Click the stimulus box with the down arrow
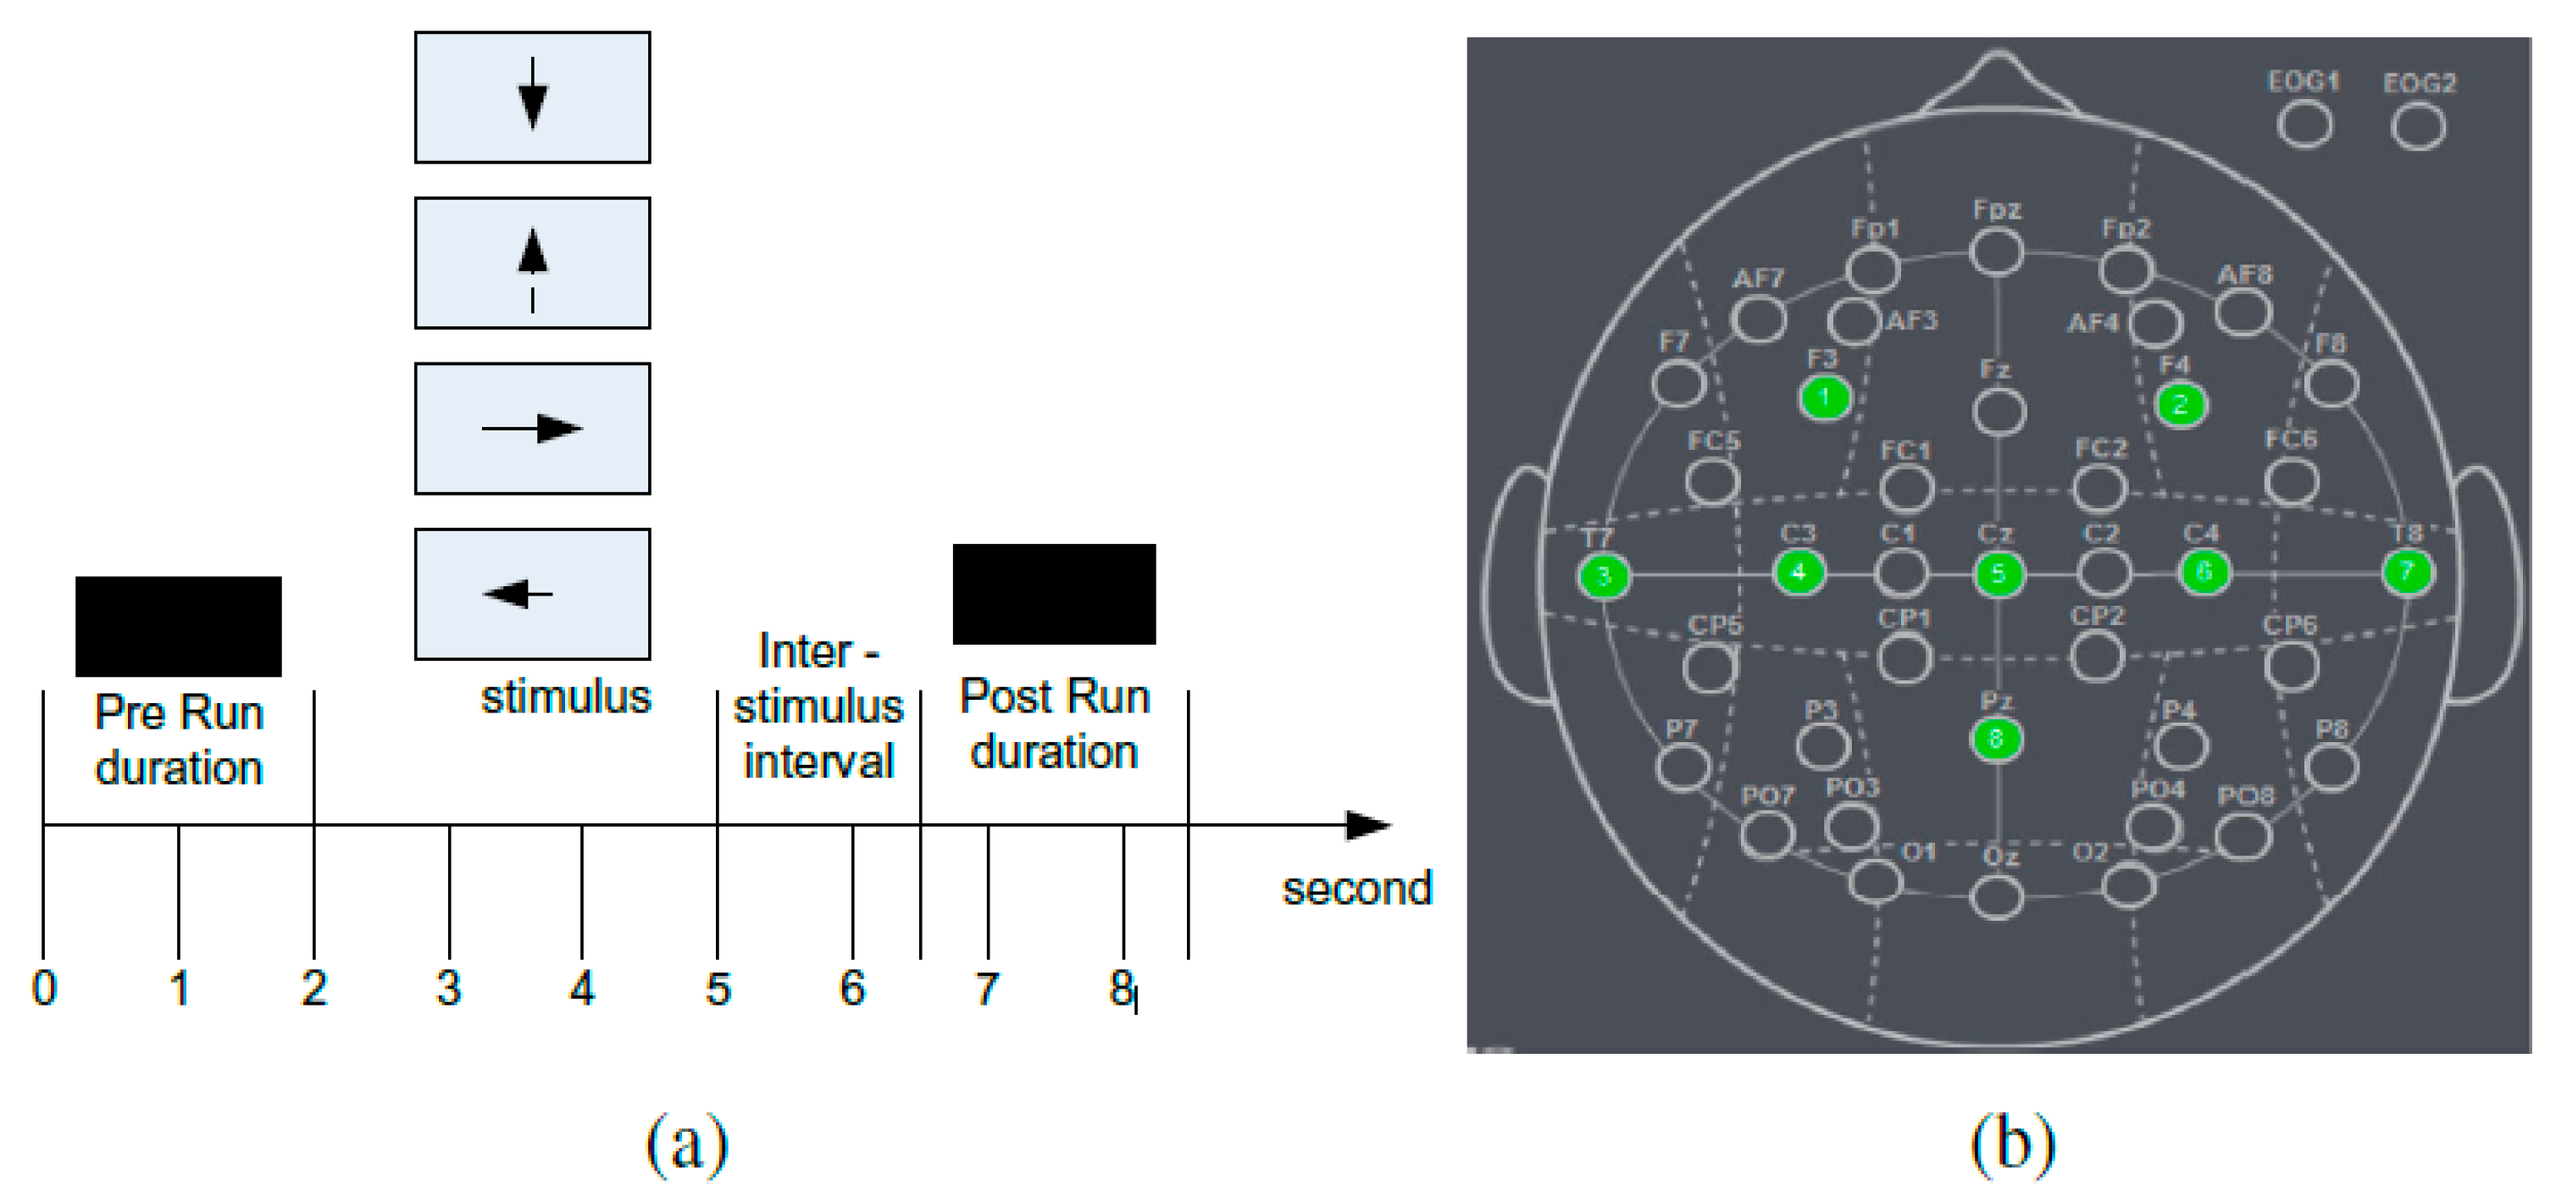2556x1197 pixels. click(532, 97)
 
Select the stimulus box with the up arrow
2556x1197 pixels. click(532, 263)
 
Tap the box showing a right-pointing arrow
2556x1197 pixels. click(532, 429)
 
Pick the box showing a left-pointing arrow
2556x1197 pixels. click(532, 595)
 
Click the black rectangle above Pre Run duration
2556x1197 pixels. click(179, 626)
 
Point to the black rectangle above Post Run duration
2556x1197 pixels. click(1054, 594)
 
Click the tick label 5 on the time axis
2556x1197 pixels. click(718, 989)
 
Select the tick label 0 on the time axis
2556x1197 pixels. click(45, 989)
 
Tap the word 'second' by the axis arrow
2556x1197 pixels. click(1356, 889)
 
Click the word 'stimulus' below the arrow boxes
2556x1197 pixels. click(566, 698)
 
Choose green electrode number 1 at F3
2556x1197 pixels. click(1824, 399)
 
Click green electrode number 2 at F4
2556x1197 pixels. click(2180, 405)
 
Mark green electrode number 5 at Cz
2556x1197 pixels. click(1999, 574)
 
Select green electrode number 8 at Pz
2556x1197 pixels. click(1995, 740)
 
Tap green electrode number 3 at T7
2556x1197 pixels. click(1604, 577)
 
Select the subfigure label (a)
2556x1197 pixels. click(686, 1144)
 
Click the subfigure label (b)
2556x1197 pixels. click(2012, 1144)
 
